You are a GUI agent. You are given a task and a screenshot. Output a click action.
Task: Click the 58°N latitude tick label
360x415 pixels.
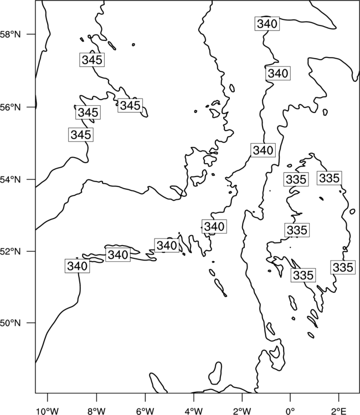(11, 34)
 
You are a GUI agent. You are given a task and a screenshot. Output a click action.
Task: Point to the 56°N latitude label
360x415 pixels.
(11, 107)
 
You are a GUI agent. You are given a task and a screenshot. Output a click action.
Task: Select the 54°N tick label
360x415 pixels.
(11, 180)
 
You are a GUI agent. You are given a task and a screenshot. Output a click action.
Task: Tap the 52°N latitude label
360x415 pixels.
(11, 251)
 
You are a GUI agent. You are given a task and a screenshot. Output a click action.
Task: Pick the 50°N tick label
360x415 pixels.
(11, 323)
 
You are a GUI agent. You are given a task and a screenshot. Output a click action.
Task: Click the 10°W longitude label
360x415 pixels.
(48, 411)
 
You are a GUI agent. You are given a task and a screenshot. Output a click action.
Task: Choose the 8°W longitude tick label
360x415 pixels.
(96, 411)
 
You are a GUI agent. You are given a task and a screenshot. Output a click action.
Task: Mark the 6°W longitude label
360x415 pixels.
(145, 411)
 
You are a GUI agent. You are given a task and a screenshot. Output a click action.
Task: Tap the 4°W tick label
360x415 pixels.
(194, 411)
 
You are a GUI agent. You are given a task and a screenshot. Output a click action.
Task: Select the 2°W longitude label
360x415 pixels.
(242, 411)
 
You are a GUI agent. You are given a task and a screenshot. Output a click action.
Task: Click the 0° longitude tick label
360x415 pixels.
(290, 411)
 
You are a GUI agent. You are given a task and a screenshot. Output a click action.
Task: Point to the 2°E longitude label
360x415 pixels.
(339, 411)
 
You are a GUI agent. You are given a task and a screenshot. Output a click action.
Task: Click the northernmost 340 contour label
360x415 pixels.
(268, 24)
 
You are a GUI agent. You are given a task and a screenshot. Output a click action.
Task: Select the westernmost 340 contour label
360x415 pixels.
(77, 266)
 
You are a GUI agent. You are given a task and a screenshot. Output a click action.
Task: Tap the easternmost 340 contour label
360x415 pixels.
(278, 73)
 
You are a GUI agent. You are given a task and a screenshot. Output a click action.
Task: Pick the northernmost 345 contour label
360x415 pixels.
(92, 60)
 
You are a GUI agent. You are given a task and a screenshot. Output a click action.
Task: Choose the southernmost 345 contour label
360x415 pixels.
(81, 134)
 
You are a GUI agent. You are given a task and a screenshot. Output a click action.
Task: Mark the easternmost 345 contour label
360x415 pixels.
(130, 105)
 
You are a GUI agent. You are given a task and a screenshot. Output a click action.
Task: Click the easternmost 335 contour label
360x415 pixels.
(343, 267)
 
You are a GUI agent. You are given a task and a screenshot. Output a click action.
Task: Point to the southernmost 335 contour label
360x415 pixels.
(304, 275)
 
